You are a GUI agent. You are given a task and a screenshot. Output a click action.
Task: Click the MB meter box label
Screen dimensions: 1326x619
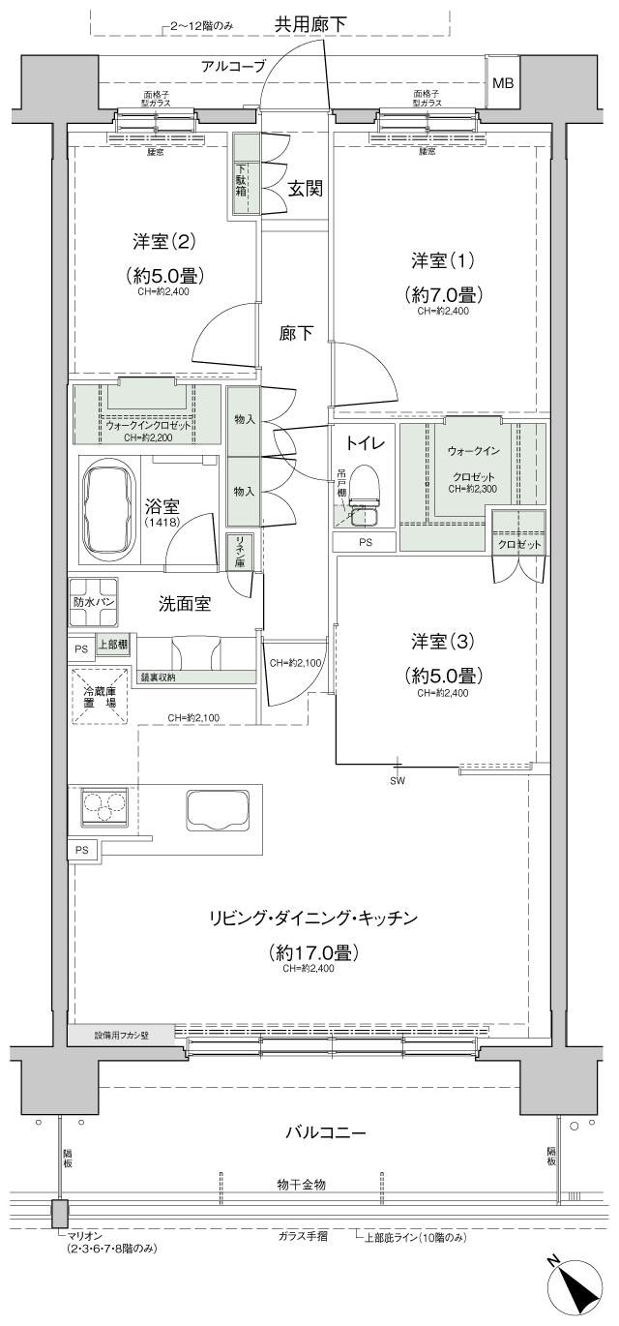tap(503, 82)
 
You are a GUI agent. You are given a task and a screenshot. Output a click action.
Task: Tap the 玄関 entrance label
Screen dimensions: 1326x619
tap(305, 189)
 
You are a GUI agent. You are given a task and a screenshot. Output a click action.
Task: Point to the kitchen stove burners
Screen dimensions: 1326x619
tap(104, 805)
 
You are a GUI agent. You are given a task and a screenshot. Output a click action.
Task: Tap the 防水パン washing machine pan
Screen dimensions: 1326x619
tap(93, 601)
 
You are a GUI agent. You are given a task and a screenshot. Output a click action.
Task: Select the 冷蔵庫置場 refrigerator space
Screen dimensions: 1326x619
tap(98, 696)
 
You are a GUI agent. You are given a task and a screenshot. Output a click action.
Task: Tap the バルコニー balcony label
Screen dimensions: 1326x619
tap(324, 1131)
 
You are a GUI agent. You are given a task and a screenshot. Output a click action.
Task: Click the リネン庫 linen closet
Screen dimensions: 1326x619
tap(236, 551)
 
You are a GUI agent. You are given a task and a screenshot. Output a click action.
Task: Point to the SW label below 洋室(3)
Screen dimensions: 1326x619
tap(398, 780)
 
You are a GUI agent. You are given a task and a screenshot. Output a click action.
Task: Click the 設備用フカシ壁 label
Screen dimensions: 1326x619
tap(121, 1034)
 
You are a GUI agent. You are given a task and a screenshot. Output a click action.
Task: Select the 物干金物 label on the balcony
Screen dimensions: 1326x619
tap(301, 1184)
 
